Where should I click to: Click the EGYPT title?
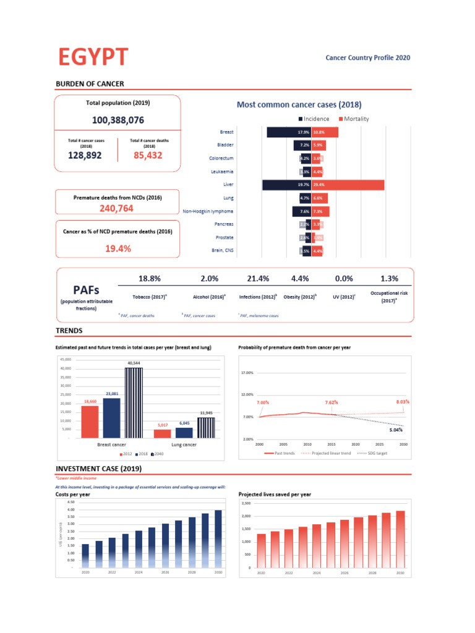(93, 57)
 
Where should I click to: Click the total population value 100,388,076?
(118, 120)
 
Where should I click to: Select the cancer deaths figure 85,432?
(148, 156)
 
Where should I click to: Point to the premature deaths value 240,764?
(117, 208)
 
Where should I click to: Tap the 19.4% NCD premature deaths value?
(117, 248)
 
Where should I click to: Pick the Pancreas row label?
(223, 224)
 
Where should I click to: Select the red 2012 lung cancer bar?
(163, 433)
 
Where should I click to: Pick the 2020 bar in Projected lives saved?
(261, 551)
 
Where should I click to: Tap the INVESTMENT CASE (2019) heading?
(99, 469)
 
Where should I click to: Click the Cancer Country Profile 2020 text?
(367, 58)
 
